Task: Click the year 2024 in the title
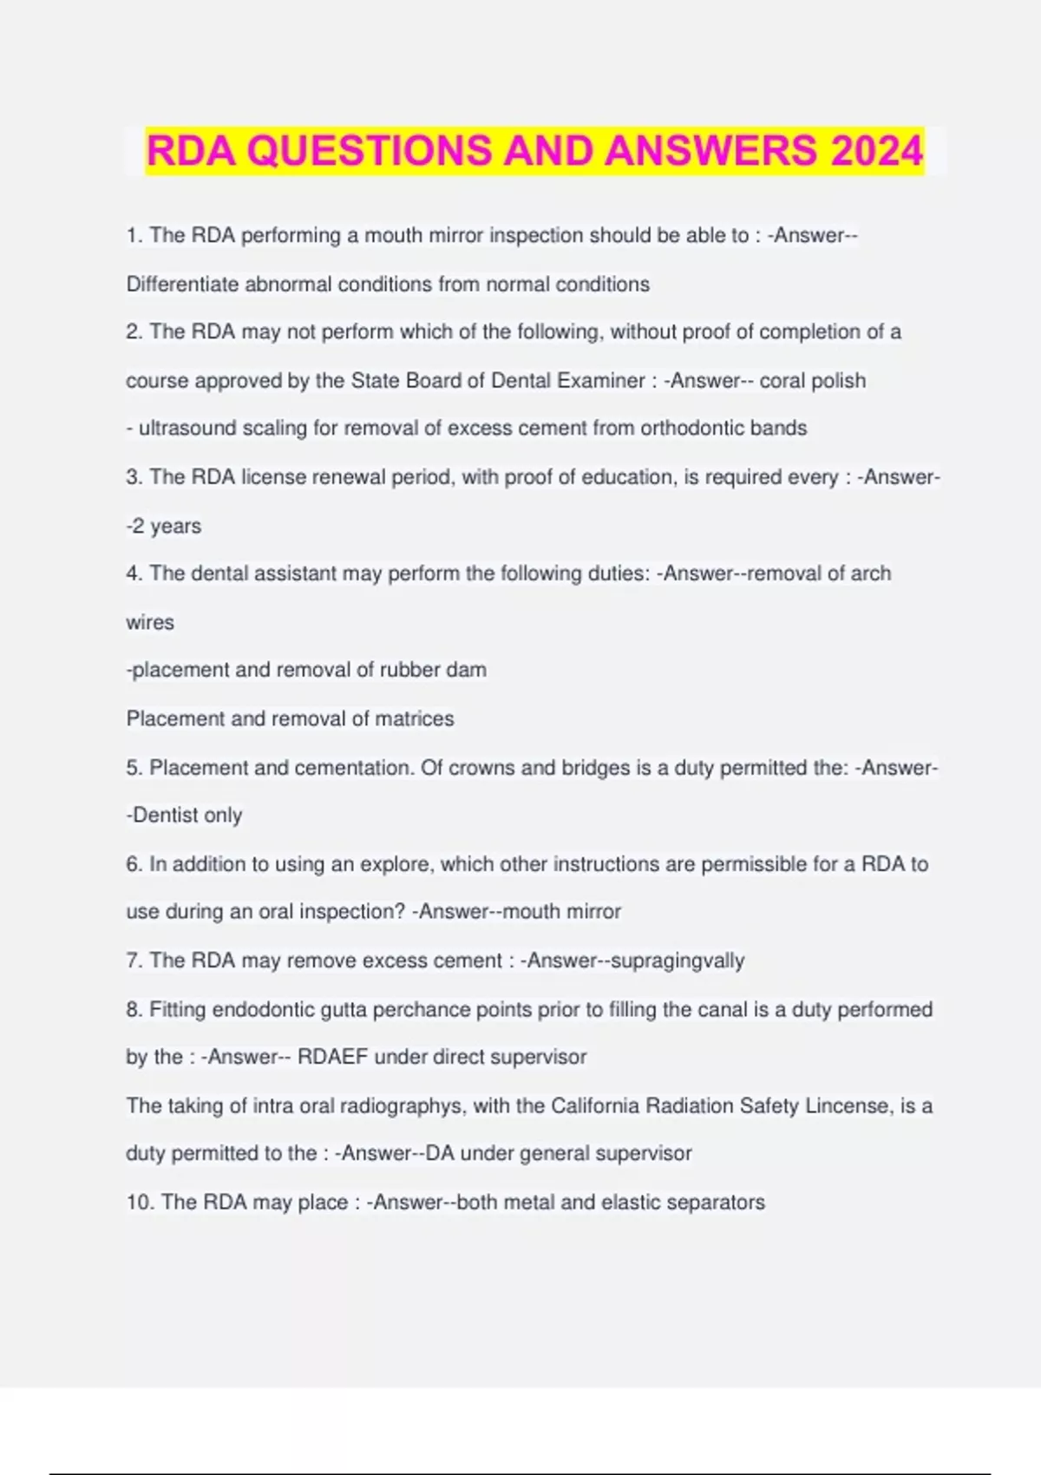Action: (876, 151)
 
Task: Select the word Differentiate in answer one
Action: (182, 285)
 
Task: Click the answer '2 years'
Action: (167, 527)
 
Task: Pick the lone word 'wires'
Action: (150, 623)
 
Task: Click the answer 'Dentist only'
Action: (187, 816)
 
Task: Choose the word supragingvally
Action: (678, 961)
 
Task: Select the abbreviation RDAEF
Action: (332, 1058)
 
